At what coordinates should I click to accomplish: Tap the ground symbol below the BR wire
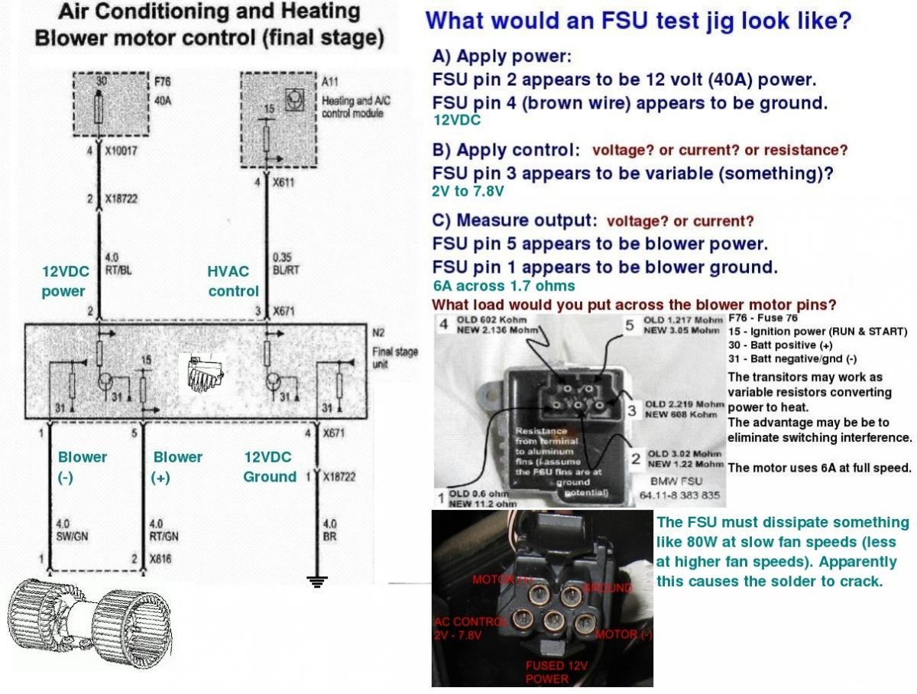click(x=316, y=581)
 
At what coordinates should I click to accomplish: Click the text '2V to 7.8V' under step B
click(x=468, y=192)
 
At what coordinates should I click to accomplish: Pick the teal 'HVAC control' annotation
click(x=233, y=281)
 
